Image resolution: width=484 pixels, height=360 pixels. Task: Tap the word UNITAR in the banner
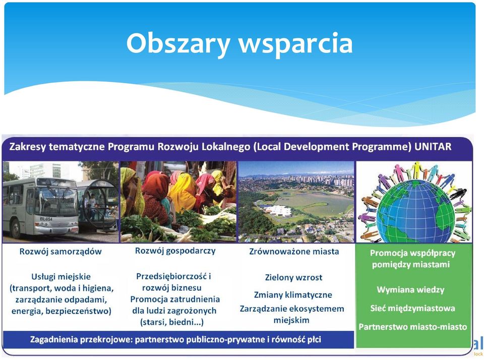[x=433, y=146]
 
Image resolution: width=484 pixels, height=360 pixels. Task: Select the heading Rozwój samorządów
[x=60, y=251]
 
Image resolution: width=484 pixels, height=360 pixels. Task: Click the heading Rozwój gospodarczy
[x=175, y=251]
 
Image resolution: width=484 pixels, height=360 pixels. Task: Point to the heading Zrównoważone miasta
[x=294, y=251]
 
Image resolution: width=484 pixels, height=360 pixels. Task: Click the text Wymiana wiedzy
[x=410, y=290]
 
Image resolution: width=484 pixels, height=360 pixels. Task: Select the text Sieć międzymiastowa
[x=413, y=308]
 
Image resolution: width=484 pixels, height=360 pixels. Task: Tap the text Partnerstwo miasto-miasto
[x=413, y=327]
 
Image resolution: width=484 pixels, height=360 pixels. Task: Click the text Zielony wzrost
[x=293, y=278]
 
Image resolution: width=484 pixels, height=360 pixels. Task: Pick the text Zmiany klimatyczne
[x=293, y=295]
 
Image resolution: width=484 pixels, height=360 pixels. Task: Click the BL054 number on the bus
[x=46, y=219]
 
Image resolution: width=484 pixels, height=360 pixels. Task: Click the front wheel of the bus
[x=15, y=229]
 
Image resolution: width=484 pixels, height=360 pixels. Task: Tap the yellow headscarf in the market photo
[x=183, y=192]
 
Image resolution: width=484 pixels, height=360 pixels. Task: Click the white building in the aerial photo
[x=277, y=211]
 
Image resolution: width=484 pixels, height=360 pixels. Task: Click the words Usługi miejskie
[x=61, y=277]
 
